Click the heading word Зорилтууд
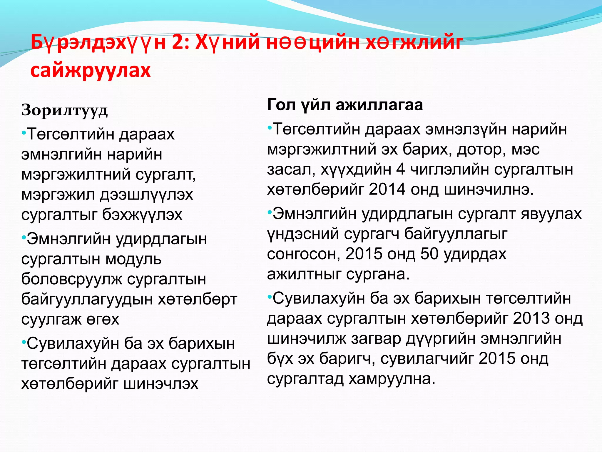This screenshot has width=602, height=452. click(x=64, y=111)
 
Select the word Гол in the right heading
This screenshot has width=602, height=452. click(x=281, y=105)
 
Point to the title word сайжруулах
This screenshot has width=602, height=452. click(x=91, y=71)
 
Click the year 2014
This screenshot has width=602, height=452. click(x=387, y=190)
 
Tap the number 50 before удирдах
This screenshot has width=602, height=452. click(x=429, y=254)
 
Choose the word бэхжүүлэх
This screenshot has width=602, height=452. click(x=142, y=215)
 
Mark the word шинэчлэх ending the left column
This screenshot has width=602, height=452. click(x=161, y=384)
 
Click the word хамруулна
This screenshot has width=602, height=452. click(x=392, y=379)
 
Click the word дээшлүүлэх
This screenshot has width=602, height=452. click(x=146, y=195)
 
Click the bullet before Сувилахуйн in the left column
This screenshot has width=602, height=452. click(x=24, y=343)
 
